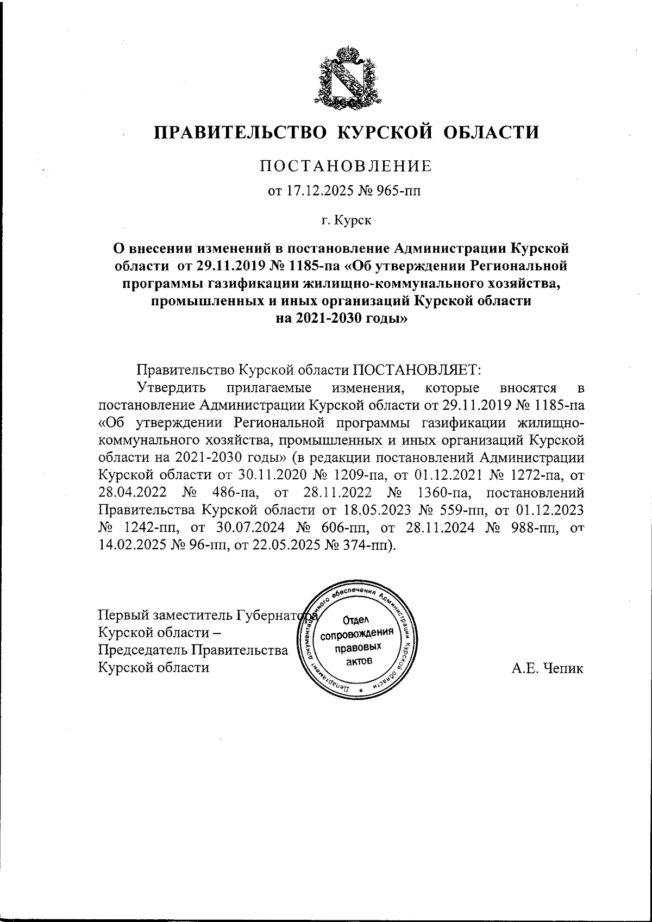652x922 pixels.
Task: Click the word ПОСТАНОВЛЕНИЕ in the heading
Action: click(x=346, y=166)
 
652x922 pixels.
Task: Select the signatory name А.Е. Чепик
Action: click(x=547, y=668)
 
